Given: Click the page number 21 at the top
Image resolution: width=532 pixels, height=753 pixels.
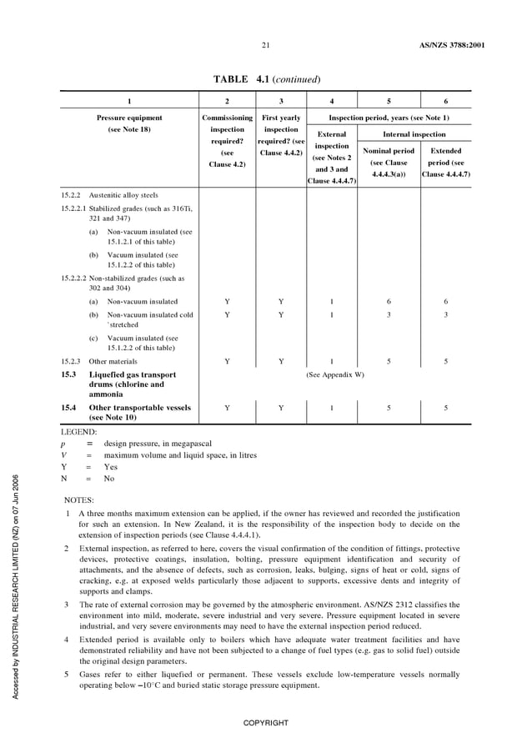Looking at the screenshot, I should (x=265, y=44).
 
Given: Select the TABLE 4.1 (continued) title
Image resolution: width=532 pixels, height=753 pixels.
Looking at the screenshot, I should (x=267, y=79).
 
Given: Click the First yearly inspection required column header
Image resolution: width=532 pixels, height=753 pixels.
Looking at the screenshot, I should (x=281, y=135).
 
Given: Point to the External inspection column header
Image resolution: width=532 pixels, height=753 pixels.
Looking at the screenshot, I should (x=331, y=157).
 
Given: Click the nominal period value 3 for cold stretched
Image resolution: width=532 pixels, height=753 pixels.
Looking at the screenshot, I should (x=389, y=315).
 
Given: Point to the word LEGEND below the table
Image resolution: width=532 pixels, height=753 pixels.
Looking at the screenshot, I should (x=79, y=432).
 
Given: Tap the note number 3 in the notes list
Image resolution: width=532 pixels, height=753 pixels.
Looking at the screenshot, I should (x=67, y=603).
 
